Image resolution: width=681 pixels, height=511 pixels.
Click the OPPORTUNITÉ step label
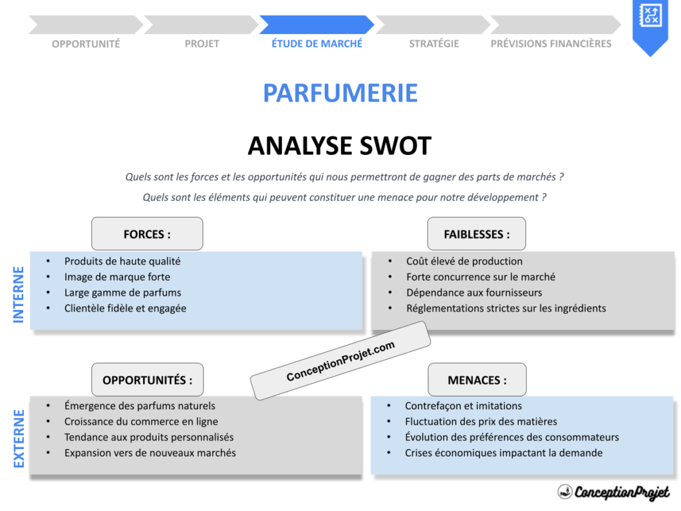pyautogui.click(x=86, y=44)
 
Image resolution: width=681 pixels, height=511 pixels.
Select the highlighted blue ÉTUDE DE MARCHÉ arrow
pyautogui.click(x=317, y=25)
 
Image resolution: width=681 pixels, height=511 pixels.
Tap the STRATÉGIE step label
pyautogui.click(x=434, y=44)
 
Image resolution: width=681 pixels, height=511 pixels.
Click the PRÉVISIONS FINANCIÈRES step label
pyautogui.click(x=551, y=44)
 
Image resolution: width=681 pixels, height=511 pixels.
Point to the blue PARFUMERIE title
pyautogui.click(x=340, y=93)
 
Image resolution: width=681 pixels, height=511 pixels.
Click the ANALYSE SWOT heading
pyautogui.click(x=339, y=146)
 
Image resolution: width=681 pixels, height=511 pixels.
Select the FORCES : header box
pyautogui.click(x=147, y=234)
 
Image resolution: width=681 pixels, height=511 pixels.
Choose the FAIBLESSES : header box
pyautogui.click(x=476, y=234)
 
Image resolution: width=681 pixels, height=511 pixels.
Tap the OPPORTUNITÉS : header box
pyautogui.click(x=147, y=380)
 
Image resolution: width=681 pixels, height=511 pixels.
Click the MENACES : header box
pyautogui.click(x=476, y=380)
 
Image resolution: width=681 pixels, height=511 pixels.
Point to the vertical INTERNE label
pyautogui.click(x=19, y=295)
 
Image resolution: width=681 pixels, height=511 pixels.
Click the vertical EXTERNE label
pyautogui.click(x=19, y=438)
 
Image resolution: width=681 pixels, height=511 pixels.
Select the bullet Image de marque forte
pyautogui.click(x=117, y=277)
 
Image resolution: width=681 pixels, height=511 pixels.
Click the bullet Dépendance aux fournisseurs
pyautogui.click(x=474, y=293)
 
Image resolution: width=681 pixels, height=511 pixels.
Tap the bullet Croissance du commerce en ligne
pyautogui.click(x=141, y=422)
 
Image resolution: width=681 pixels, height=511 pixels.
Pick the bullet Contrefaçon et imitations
pyautogui.click(x=463, y=406)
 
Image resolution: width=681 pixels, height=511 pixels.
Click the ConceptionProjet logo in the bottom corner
pyautogui.click(x=613, y=492)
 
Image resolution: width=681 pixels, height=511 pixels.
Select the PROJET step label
pyautogui.click(x=202, y=44)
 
